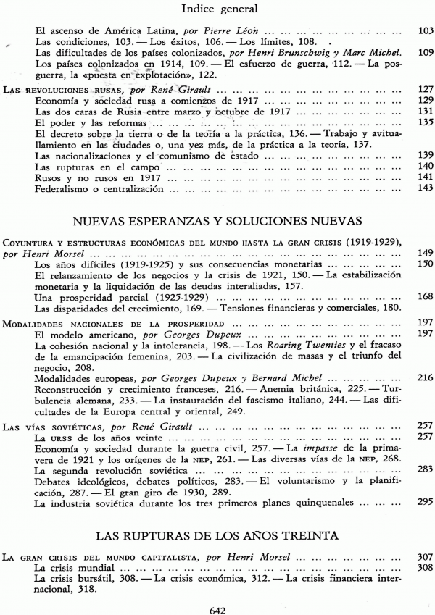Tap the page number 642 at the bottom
217,608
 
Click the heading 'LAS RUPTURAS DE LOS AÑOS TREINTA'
217,536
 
